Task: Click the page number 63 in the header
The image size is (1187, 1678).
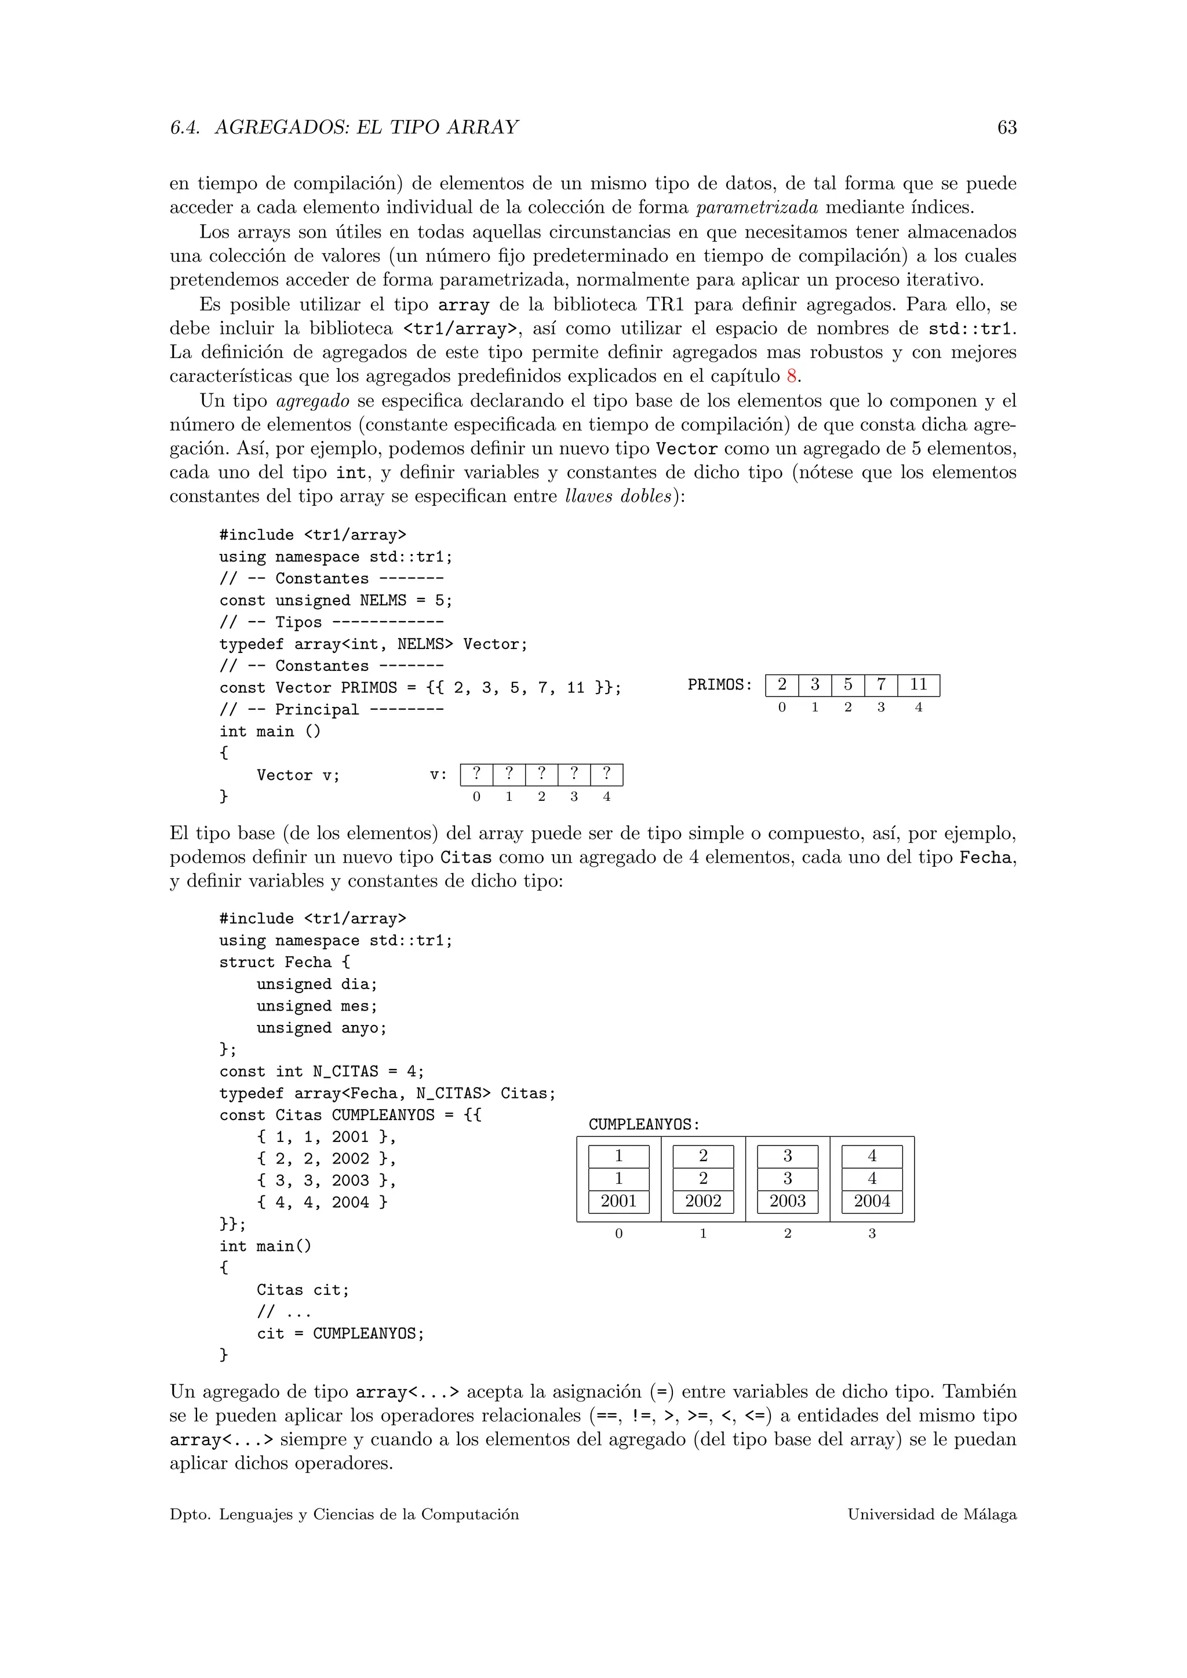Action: point(1007,128)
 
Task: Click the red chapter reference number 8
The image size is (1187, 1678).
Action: point(792,377)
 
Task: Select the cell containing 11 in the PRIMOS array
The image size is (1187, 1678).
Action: point(918,685)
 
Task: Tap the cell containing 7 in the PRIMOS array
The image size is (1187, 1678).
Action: point(881,685)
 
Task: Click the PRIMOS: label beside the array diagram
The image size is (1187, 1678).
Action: point(719,685)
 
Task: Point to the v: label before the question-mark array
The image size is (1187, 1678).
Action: point(438,775)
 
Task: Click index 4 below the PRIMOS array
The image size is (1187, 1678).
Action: point(918,707)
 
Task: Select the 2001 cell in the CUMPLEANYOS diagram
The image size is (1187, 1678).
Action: point(618,1201)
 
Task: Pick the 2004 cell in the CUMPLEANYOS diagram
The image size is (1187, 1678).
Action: point(872,1201)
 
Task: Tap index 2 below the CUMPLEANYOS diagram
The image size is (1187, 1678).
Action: point(787,1234)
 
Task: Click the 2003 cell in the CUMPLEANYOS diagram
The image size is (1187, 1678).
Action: point(787,1201)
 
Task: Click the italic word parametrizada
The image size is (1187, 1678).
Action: point(756,207)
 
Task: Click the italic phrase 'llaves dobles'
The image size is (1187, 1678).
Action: point(618,496)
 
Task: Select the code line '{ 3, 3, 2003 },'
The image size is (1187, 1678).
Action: point(326,1180)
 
